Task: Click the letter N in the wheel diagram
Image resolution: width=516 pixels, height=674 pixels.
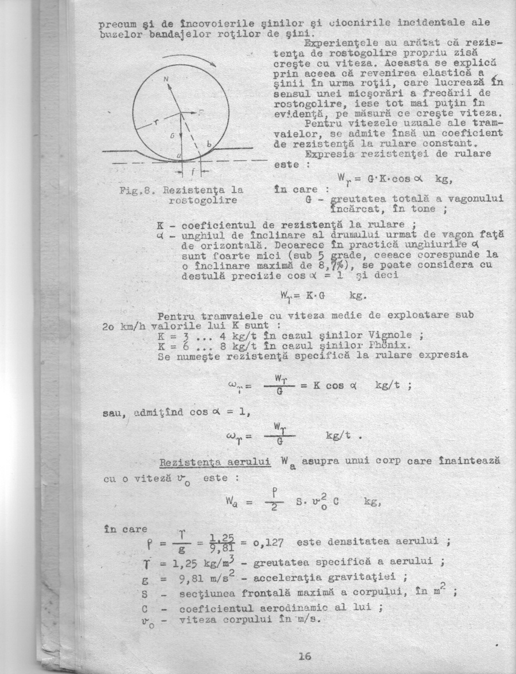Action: (x=169, y=80)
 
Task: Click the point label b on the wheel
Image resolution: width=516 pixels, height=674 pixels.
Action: (x=209, y=146)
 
